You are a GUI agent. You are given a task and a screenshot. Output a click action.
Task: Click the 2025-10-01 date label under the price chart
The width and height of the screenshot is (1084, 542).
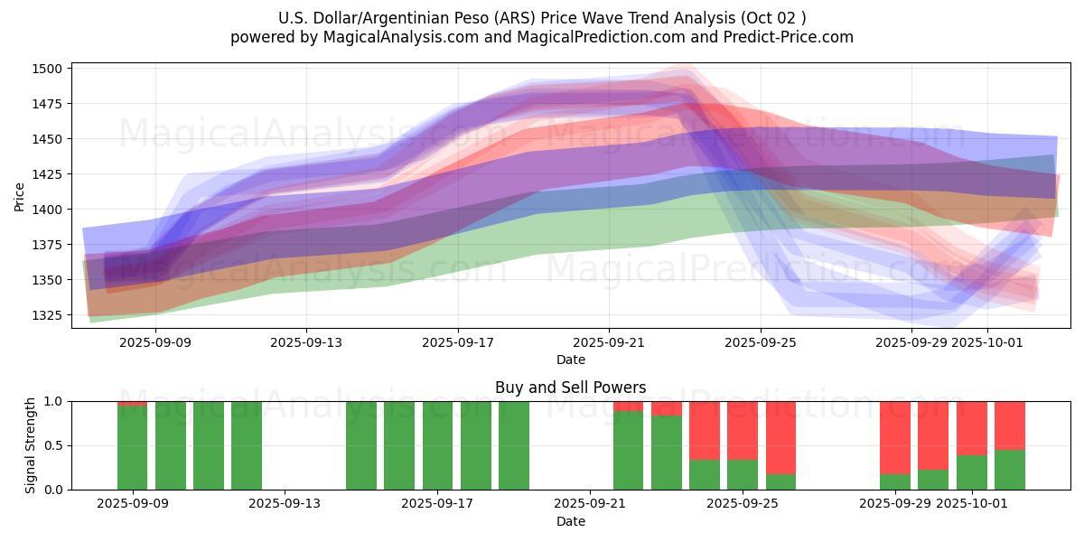986,342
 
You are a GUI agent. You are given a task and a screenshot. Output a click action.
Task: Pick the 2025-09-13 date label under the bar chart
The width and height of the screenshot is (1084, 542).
285,504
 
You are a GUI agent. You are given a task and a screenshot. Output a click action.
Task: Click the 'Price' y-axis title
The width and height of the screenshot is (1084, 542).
20,196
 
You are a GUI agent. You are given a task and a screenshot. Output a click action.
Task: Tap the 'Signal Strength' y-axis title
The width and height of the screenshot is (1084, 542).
30,444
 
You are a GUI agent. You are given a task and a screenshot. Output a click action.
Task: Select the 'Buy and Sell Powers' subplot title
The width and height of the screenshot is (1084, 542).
570,388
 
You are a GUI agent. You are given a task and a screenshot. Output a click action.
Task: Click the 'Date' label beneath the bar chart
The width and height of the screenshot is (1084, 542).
570,521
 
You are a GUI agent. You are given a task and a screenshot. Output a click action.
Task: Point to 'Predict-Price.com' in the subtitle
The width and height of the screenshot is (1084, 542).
780,37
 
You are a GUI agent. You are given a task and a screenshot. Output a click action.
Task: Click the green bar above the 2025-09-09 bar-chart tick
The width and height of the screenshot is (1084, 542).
132,447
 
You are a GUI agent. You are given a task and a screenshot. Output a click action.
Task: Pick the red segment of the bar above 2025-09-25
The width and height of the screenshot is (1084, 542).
743,430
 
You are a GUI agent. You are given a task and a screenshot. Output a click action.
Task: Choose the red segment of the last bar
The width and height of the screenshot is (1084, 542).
1010,425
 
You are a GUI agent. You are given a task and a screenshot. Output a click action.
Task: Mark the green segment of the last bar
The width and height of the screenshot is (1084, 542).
1010,470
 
